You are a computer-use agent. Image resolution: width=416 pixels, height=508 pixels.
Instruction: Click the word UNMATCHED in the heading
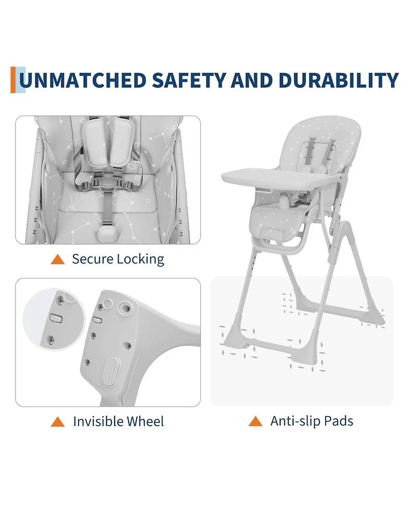tap(82, 80)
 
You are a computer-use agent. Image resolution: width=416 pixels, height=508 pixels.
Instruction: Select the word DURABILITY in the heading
tap(338, 80)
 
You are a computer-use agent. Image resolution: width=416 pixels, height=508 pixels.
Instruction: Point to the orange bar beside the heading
tap(13, 80)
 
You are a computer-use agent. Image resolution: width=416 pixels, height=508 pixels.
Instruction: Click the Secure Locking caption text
tap(118, 259)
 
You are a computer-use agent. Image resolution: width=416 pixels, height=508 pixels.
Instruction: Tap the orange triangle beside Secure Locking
tap(58, 259)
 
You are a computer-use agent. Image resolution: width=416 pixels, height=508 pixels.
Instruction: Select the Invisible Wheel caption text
tap(118, 421)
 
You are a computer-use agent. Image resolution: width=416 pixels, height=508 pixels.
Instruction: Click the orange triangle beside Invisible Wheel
tap(58, 422)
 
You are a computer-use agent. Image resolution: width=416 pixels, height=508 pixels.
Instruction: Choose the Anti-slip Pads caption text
tap(311, 421)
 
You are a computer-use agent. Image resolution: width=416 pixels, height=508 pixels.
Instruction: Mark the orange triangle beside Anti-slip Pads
tap(256, 421)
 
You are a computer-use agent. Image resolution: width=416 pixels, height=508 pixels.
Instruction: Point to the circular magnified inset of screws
tap(55, 319)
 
